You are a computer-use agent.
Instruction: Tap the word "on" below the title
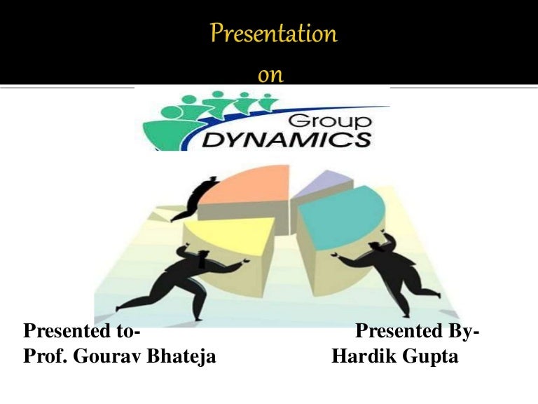(x=270, y=75)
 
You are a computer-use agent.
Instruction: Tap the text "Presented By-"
(x=418, y=330)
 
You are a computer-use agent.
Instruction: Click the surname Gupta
(x=431, y=357)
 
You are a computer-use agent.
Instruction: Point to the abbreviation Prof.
(x=41, y=357)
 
